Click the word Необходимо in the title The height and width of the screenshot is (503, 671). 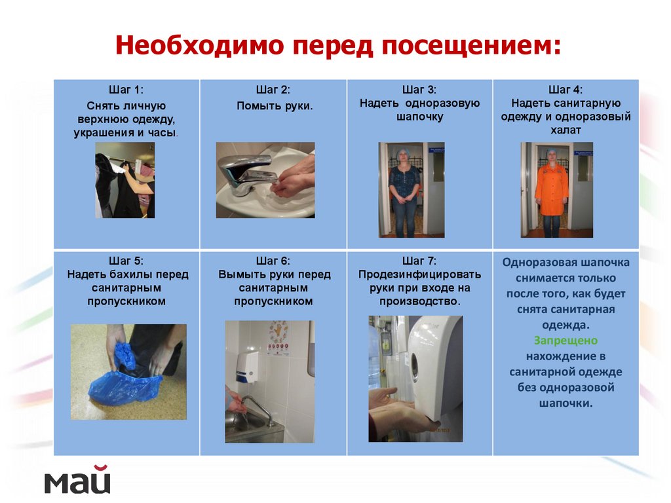pos(200,45)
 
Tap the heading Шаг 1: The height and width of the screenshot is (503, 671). pos(126,90)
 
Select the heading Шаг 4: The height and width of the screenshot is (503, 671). pos(566,90)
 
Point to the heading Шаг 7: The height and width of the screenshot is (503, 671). pos(419,261)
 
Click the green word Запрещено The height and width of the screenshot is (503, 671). pos(566,341)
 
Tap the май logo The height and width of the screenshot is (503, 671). pos(77,479)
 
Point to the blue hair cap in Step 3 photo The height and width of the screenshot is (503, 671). pos(402,152)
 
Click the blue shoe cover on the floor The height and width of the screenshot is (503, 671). pos(124,388)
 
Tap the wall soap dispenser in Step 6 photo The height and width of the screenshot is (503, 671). pos(247,367)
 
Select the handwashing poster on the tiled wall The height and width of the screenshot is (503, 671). pos(278,338)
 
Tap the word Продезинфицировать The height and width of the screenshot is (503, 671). pos(419,274)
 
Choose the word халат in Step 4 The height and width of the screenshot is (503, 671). pos(566,130)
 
